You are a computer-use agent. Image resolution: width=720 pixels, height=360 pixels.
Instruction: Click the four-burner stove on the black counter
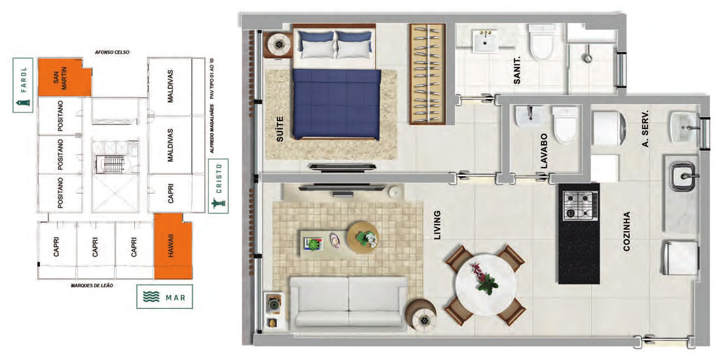[x=581, y=206]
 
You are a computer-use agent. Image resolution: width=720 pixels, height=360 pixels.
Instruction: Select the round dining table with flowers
[x=486, y=284]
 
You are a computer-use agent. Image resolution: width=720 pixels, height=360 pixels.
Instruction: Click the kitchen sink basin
[x=684, y=176]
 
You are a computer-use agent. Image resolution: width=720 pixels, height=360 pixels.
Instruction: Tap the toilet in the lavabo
[x=565, y=123]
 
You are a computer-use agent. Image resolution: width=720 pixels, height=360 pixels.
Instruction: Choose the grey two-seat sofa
[x=349, y=302]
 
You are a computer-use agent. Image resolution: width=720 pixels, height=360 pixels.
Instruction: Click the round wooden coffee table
[x=363, y=238]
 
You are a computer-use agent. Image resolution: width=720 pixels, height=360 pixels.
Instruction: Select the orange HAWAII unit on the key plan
[x=173, y=246]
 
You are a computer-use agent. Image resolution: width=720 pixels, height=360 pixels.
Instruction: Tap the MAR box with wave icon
[x=164, y=297]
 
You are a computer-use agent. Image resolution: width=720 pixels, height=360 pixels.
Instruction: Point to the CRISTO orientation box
[x=219, y=186]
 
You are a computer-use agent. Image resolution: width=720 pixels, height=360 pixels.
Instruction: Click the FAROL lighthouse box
[x=23, y=85]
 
